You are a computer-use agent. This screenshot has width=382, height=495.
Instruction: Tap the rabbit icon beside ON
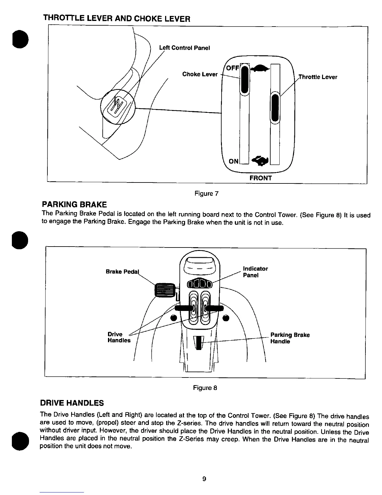click(260, 160)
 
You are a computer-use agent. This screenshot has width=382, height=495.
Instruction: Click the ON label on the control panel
click(233, 161)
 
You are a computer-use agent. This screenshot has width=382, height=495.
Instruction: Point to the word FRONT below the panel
click(261, 178)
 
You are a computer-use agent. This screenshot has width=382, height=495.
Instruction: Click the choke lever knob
click(245, 80)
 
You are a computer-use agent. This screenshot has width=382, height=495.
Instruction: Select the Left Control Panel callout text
click(184, 48)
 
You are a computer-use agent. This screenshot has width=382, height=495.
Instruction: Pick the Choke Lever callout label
click(200, 74)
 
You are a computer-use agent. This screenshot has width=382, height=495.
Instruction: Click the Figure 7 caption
click(206, 193)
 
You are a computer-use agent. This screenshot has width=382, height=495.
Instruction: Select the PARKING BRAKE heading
click(74, 205)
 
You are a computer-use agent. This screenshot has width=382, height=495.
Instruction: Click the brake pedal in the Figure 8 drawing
click(165, 289)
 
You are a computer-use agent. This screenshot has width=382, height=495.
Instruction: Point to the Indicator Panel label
click(255, 272)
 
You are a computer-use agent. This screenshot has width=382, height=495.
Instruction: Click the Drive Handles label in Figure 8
click(119, 337)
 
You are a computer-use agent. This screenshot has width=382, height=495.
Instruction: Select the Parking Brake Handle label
click(290, 338)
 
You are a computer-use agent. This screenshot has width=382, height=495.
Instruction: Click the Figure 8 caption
click(205, 388)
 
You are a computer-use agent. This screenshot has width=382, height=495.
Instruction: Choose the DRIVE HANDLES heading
click(72, 402)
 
